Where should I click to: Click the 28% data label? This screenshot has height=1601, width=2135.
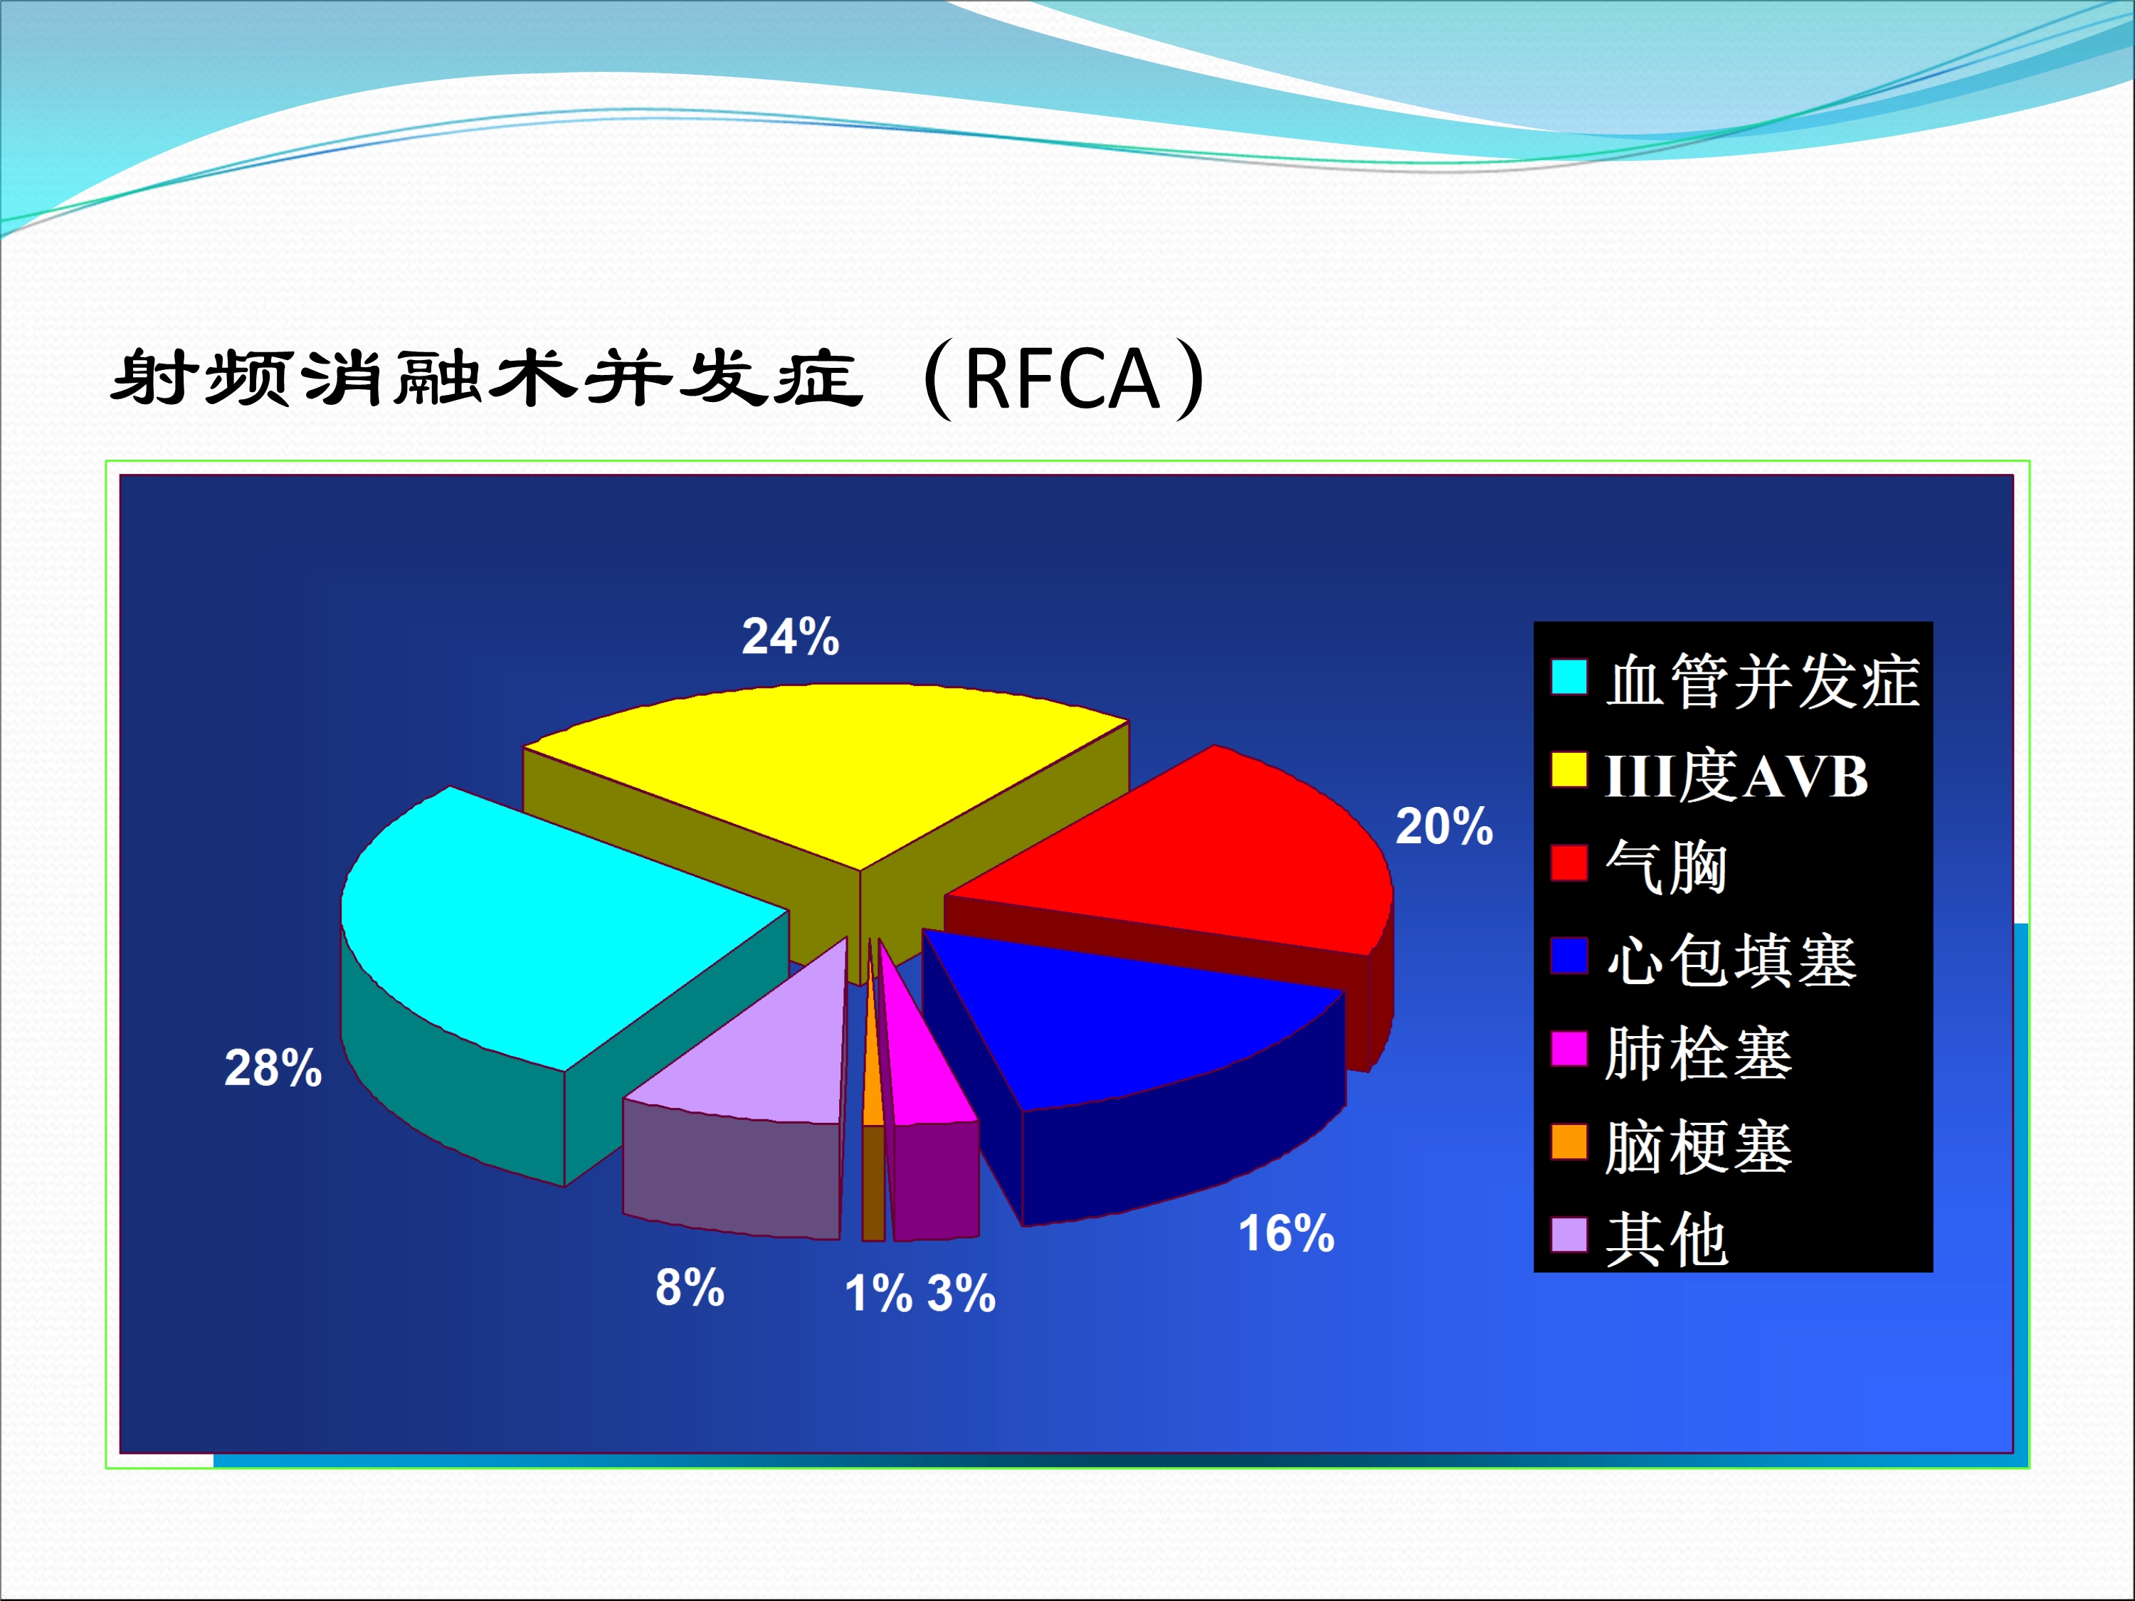point(273,1068)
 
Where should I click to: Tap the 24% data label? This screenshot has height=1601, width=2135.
point(791,637)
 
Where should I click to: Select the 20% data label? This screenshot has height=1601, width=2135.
point(1444,827)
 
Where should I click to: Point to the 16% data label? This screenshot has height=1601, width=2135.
point(1287,1233)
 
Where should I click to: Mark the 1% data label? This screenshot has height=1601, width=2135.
point(878,1293)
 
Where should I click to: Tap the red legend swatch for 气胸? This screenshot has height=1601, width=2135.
point(1569,862)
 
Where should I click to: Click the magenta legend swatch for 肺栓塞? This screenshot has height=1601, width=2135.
point(1569,1049)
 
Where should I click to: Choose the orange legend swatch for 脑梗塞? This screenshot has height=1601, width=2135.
point(1569,1141)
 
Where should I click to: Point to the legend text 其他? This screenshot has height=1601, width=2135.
point(1667,1240)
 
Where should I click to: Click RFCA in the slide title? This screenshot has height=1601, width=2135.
point(1062,379)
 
